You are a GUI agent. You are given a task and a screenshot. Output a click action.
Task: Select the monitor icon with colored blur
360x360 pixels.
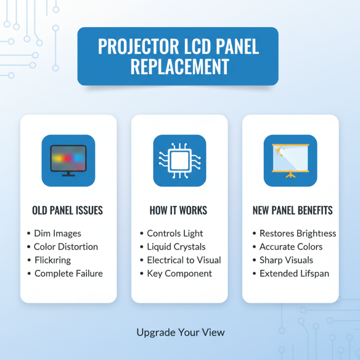[x=68, y=160]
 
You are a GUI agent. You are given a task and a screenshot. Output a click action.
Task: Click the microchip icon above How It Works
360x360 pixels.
[x=180, y=160]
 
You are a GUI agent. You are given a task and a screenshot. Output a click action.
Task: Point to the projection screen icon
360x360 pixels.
[x=290, y=160]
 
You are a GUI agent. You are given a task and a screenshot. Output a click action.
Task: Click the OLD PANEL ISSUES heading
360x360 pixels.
[x=67, y=210]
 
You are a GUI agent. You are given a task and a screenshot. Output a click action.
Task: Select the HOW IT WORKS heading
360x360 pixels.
[x=179, y=210]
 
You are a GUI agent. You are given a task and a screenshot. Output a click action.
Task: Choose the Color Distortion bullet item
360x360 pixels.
[x=66, y=247]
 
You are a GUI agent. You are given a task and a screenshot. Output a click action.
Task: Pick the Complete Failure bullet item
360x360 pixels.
[x=68, y=273]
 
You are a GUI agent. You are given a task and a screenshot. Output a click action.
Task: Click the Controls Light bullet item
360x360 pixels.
[x=175, y=234]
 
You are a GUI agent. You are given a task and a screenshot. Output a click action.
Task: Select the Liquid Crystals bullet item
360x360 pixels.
[x=176, y=247]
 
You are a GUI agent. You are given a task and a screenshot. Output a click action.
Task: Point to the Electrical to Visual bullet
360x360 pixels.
[x=184, y=260]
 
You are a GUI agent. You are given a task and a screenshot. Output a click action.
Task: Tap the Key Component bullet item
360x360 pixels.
[x=180, y=273]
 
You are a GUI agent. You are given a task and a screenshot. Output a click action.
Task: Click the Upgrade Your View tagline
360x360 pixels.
[x=180, y=333]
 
